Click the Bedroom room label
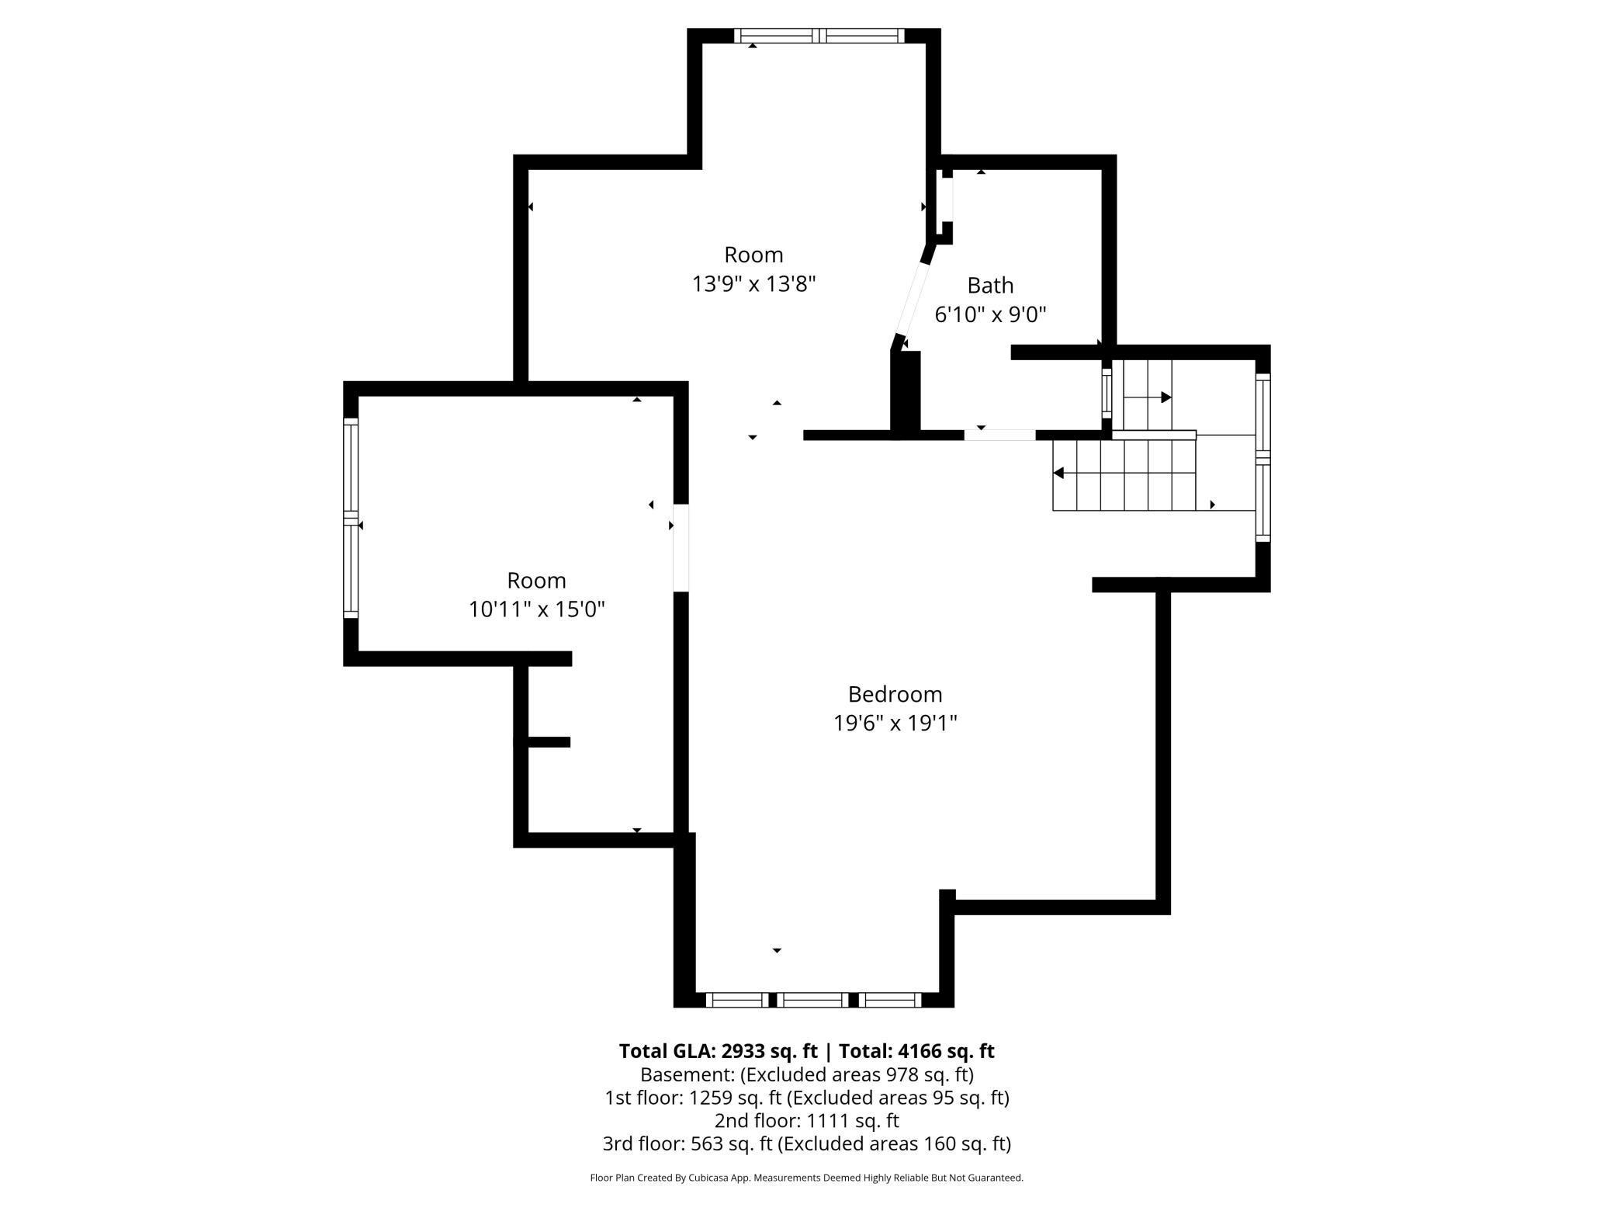[895, 694]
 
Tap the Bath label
[990, 286]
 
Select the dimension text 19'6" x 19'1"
[895, 723]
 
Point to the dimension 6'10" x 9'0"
[990, 314]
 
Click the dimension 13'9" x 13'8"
[753, 284]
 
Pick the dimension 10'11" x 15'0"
[536, 609]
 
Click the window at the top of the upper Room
[819, 35]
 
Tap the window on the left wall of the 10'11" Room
[351, 518]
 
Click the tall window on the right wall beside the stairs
[1262, 457]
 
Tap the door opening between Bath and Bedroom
[999, 435]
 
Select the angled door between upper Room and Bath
[913, 299]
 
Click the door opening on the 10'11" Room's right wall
[681, 548]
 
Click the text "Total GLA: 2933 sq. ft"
[718, 1051]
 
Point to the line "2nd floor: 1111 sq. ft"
[806, 1121]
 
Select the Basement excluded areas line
[806, 1074]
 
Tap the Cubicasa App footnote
[806, 1178]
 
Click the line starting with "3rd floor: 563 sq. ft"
[806, 1143]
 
